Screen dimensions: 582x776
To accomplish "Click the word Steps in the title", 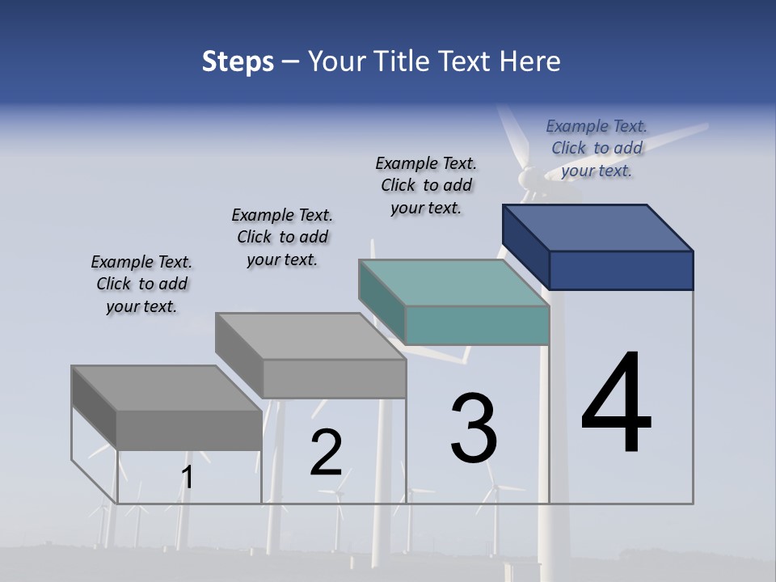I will point(238,61).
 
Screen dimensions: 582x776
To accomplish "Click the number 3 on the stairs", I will point(474,428).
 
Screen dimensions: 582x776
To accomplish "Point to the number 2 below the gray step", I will point(327,453).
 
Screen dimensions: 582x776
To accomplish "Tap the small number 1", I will point(188,478).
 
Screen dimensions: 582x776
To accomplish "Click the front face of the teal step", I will point(477,326).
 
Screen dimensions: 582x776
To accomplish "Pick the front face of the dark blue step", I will point(621,270).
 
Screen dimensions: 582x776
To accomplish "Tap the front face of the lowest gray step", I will point(189,430).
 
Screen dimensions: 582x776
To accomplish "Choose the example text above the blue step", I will point(597,148).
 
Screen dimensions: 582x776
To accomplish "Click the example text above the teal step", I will point(426,185).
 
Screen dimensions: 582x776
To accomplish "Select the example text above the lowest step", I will point(141,284).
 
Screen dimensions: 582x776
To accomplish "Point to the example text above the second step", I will point(282,237).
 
